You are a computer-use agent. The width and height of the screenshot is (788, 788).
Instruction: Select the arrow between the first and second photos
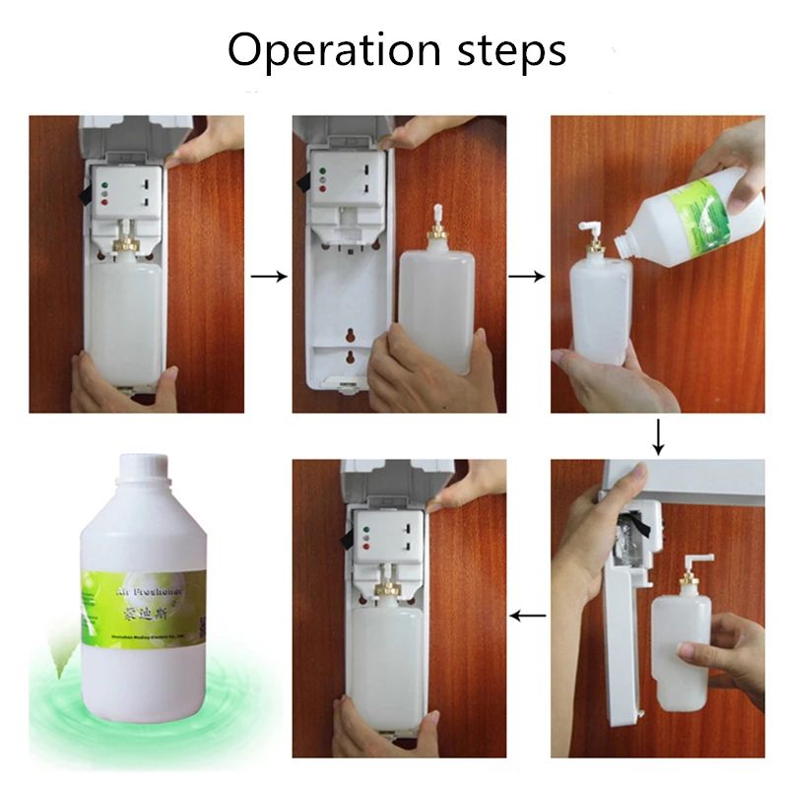coord(268,277)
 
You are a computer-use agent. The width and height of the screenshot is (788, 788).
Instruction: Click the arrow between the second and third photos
coord(526,277)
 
